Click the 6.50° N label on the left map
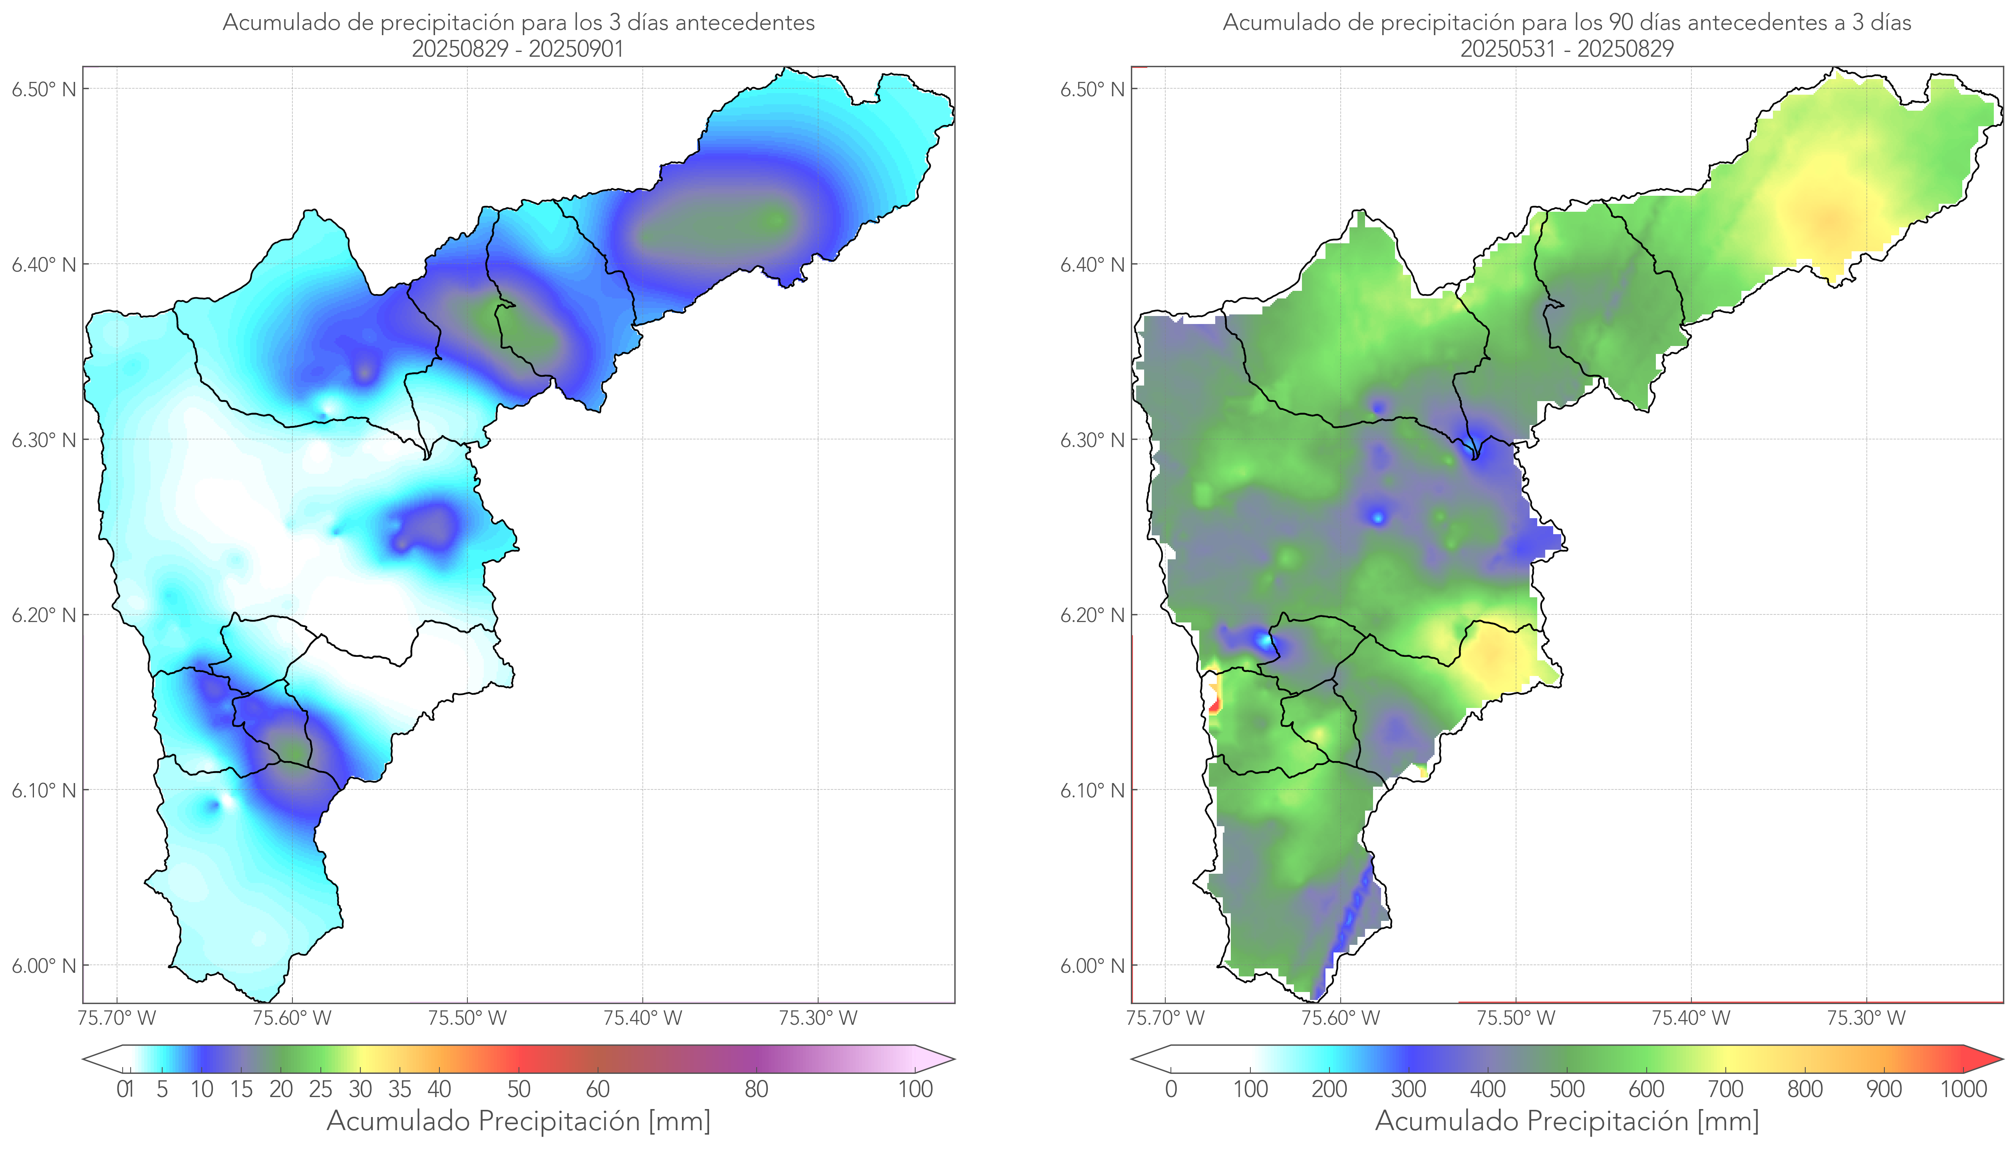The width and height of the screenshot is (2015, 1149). point(44,89)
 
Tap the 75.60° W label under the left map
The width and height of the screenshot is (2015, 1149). point(292,1018)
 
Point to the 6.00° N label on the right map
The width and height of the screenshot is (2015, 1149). point(1092,966)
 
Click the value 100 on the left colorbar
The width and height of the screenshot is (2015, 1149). point(915,1090)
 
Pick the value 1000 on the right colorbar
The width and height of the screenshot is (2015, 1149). point(1963,1090)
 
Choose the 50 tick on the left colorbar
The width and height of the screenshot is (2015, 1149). point(519,1090)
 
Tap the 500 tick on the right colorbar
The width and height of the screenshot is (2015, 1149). point(1567,1090)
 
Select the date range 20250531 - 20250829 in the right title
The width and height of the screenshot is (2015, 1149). point(1567,49)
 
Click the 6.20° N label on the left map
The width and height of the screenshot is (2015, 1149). point(44,616)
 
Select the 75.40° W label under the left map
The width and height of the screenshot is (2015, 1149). point(642,1018)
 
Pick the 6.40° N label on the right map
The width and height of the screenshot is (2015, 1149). point(1092,264)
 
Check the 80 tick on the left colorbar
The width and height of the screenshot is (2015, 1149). point(756,1090)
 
